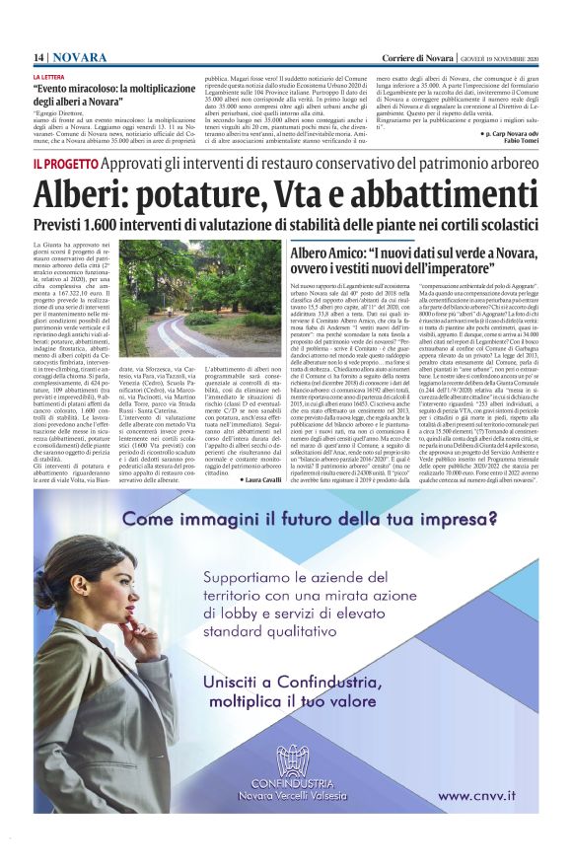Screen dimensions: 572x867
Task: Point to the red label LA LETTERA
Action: [x=50, y=77]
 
